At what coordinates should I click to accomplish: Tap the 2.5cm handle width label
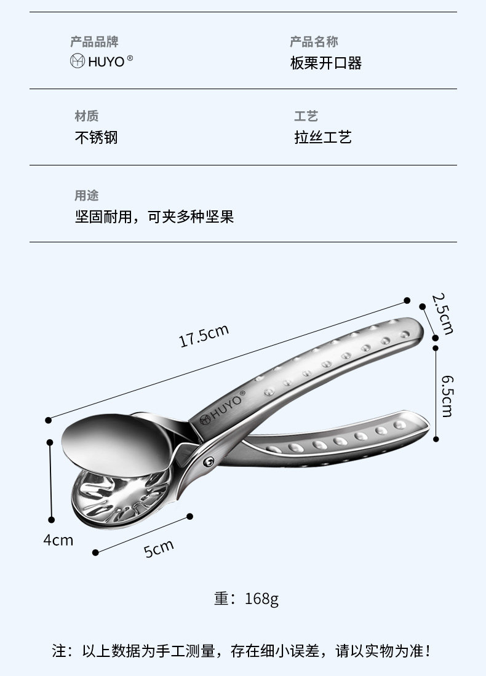[x=442, y=314]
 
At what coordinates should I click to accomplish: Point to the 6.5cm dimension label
[x=446, y=394]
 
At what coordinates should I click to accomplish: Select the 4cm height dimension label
[x=58, y=540]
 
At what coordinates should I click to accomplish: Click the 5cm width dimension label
[x=159, y=547]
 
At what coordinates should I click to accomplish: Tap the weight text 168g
[x=261, y=598]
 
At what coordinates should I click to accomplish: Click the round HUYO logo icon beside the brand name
[x=78, y=62]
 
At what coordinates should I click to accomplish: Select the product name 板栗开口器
[x=325, y=63]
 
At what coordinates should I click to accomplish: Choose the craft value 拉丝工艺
[x=322, y=137]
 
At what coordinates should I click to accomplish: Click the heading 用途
[x=86, y=196]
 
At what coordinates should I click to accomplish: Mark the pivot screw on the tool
[x=210, y=460]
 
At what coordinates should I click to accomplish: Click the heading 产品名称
[x=314, y=42]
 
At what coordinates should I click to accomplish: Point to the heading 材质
[x=86, y=116]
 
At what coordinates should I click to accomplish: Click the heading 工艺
[x=306, y=116]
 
